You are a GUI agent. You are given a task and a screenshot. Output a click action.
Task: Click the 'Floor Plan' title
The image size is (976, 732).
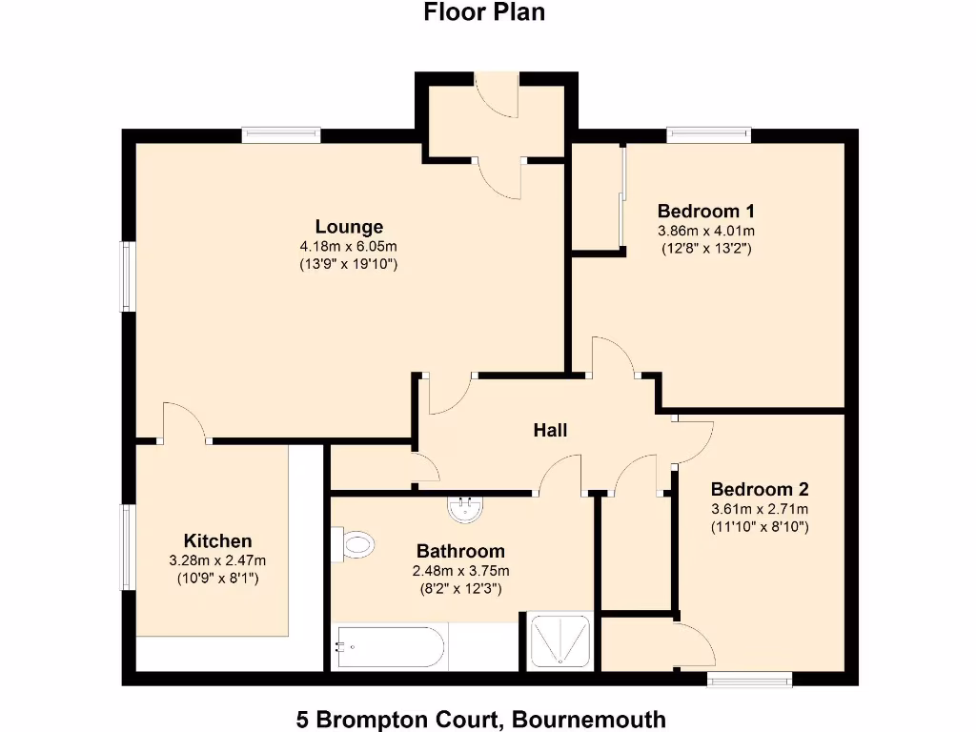(484, 12)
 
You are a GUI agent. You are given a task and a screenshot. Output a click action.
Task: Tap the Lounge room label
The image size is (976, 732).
(349, 227)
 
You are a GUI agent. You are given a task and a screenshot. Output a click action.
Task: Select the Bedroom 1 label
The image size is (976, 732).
(706, 211)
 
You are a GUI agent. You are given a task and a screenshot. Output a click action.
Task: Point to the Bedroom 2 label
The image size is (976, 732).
(760, 489)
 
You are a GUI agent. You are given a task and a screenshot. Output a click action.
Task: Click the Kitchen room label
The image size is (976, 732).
(217, 540)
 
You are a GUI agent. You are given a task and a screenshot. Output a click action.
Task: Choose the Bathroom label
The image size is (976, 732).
(460, 551)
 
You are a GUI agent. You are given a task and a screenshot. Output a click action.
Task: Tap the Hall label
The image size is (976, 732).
(550, 430)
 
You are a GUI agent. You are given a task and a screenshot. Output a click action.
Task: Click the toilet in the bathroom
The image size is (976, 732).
(355, 545)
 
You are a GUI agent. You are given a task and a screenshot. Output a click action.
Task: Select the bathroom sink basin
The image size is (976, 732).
(465, 507)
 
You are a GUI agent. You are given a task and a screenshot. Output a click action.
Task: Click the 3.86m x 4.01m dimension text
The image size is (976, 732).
(706, 231)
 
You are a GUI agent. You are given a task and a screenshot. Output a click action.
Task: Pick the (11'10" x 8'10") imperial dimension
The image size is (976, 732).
(760, 526)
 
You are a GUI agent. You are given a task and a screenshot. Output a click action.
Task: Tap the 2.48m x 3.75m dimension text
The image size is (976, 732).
(460, 571)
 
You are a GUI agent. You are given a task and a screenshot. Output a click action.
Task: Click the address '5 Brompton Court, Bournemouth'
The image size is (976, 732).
(481, 719)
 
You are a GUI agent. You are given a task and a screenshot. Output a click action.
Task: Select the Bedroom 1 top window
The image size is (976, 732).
(708, 135)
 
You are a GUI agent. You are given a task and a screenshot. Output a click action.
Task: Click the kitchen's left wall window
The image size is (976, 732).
(127, 547)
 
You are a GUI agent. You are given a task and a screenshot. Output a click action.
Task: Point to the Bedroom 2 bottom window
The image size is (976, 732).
(750, 679)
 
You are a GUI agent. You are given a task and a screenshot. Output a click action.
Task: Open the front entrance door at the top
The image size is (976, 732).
(496, 95)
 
